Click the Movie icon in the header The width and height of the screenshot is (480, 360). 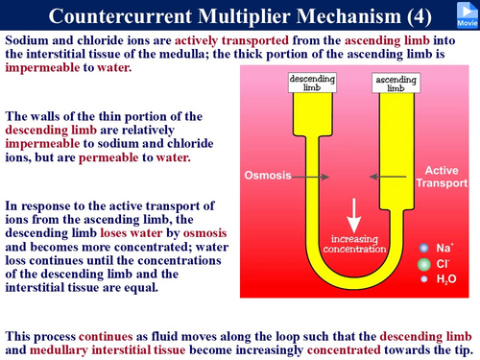coord(468,14)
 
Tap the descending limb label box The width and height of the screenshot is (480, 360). coord(312,83)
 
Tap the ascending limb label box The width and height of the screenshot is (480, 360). coord(396,84)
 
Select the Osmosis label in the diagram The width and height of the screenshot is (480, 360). coord(268,175)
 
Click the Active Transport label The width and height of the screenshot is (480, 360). coord(442,177)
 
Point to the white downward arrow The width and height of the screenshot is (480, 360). coord(354,215)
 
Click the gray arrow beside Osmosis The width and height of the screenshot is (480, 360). coord(310,177)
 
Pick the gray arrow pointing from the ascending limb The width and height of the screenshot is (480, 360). coord(388,177)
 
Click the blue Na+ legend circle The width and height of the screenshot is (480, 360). coord(424,248)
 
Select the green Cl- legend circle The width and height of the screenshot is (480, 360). coord(424,264)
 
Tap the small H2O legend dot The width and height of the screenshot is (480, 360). coord(424,279)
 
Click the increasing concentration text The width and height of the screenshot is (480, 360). coord(354,244)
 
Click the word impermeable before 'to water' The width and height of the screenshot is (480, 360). coord(42,67)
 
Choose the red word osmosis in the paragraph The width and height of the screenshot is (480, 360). coord(204,233)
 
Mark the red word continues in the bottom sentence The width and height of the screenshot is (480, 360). coord(106,336)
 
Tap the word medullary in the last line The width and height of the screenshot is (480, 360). coord(59,350)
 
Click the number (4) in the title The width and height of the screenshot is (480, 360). coord(420,16)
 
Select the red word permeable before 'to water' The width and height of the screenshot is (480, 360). coord(108,157)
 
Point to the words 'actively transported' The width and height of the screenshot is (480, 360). coord(231,40)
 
